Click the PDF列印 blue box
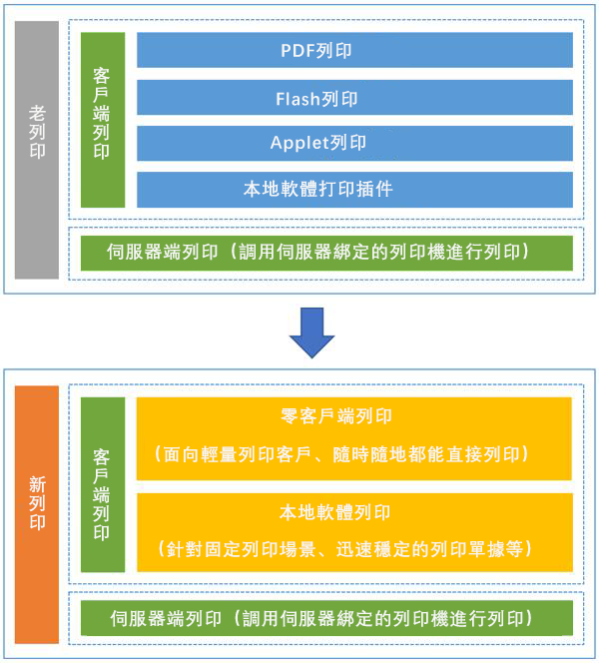(354, 50)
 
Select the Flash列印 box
(354, 97)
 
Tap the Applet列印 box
(354, 143)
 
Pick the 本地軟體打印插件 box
(354, 190)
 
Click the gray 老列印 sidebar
(37, 150)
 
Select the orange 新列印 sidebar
(37, 514)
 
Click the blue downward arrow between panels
(311, 332)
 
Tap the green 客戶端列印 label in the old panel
(103, 120)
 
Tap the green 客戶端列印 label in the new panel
(103, 484)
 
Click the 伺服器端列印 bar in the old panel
(326, 253)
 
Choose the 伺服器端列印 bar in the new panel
(326, 618)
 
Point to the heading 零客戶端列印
(336, 416)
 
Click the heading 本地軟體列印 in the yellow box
(334, 512)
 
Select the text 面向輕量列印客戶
(237, 454)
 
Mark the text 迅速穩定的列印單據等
(429, 550)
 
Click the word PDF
(299, 51)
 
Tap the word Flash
(298, 99)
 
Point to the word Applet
(299, 144)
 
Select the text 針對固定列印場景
(241, 550)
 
